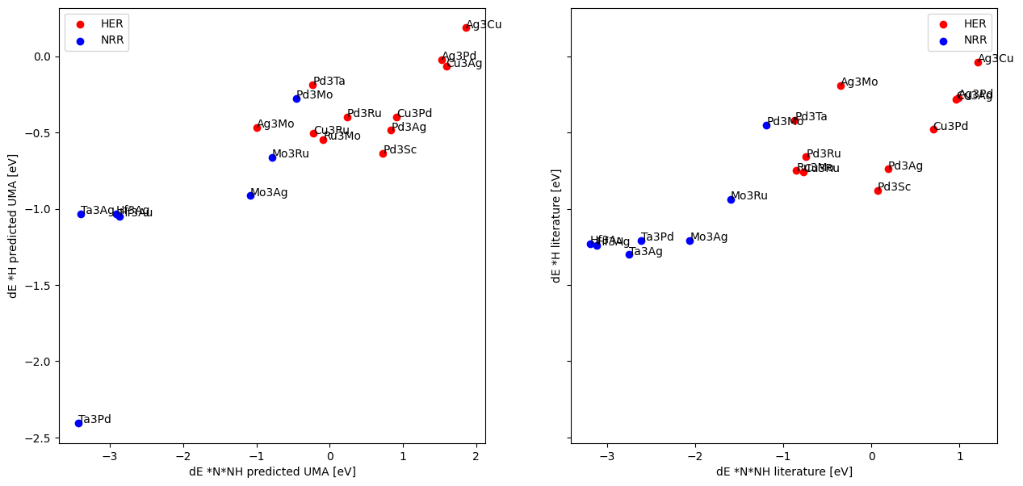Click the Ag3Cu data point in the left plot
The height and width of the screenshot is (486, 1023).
pyautogui.click(x=466, y=27)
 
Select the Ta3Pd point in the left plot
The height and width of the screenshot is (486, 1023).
pyautogui.click(x=78, y=423)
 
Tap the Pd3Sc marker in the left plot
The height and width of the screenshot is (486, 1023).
pyautogui.click(x=383, y=153)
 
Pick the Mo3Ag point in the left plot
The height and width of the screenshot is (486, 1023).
pyautogui.click(x=250, y=195)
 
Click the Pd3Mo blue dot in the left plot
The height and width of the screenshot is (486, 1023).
pyautogui.click(x=296, y=98)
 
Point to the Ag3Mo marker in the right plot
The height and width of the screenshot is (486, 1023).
pyautogui.click(x=841, y=86)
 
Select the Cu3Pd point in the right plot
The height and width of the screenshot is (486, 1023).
pyautogui.click(x=933, y=129)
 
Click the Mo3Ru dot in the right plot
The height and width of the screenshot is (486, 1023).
pyautogui.click(x=731, y=199)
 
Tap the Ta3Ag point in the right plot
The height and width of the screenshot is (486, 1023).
pyautogui.click(x=629, y=254)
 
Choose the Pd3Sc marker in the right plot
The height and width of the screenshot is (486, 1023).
pyautogui.click(x=878, y=191)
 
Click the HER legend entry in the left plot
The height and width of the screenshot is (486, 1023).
pyautogui.click(x=97, y=23)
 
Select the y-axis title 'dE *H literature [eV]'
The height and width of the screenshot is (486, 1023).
pyautogui.click(x=556, y=225)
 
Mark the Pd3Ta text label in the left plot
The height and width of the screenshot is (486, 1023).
pyautogui.click(x=329, y=81)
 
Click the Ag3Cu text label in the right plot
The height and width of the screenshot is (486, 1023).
pyautogui.click(x=996, y=58)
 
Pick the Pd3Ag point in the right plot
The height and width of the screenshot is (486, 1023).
pyautogui.click(x=888, y=169)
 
